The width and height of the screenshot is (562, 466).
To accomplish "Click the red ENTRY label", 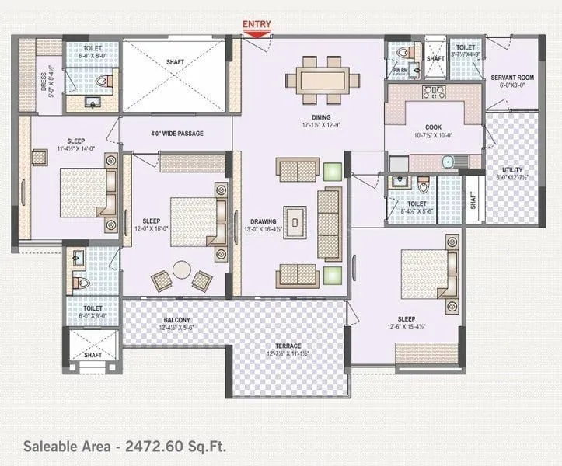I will click(x=257, y=24).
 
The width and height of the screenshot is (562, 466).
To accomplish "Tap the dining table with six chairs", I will click(x=323, y=78).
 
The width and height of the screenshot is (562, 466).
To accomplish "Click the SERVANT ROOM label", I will click(x=511, y=78).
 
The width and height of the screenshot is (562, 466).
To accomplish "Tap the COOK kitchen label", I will click(x=433, y=127).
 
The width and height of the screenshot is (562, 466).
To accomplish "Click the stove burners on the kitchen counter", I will click(x=433, y=92).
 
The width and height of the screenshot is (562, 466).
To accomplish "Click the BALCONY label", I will click(x=177, y=320).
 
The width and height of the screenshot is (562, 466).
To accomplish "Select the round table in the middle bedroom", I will click(x=182, y=270).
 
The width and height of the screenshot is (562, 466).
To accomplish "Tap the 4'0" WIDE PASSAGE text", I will click(x=176, y=134).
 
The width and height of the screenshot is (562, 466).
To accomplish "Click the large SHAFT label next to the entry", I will click(x=176, y=62).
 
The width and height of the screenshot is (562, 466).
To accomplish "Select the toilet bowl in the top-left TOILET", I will click(x=103, y=80).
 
